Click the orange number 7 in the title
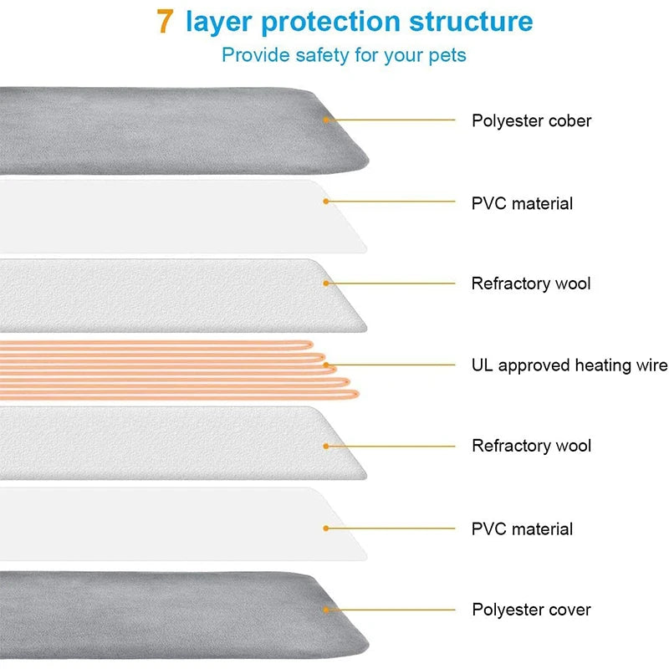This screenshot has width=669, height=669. tap(166, 22)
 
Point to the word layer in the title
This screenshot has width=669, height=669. tap(217, 22)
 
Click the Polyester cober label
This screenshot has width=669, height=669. tap(531, 120)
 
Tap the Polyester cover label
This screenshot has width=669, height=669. tap(531, 610)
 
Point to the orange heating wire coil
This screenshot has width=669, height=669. tap(167, 368)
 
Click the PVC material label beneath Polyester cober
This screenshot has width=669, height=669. tap(522, 203)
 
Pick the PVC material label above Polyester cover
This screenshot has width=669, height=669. tap(522, 529)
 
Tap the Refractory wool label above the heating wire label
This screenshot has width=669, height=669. tap(531, 283)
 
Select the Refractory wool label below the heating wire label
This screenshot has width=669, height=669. tap(531, 446)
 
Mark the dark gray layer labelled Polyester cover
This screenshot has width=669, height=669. tap(167, 615)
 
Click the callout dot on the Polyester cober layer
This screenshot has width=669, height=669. tap(327, 120)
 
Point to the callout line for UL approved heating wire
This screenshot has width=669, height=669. tap(393, 365)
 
